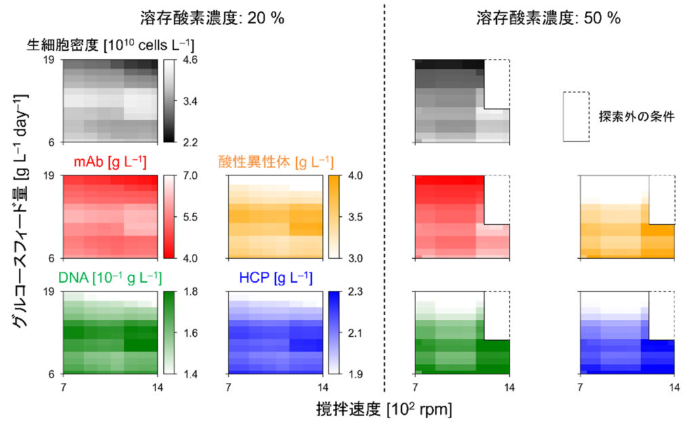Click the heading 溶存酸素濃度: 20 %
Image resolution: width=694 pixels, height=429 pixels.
click(212, 18)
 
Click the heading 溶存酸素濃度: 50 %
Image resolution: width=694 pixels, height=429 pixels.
click(548, 18)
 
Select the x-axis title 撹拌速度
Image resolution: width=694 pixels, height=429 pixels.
click(348, 409)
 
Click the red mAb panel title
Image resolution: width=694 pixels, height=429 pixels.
click(110, 162)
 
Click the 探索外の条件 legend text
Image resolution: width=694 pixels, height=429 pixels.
click(636, 117)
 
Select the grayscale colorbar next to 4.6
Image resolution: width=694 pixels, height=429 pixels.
click(169, 101)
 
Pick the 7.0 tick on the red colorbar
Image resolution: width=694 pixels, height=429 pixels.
click(190, 176)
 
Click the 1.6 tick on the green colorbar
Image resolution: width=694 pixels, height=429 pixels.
click(190, 333)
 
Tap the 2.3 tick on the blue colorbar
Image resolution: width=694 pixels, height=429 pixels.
click(355, 291)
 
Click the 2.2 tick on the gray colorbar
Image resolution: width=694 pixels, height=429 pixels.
click(190, 142)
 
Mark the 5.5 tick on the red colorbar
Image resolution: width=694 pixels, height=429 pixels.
click(190, 217)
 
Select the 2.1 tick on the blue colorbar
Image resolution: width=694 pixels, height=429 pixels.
click(355, 333)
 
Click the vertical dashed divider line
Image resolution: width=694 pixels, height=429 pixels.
click(384, 198)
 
